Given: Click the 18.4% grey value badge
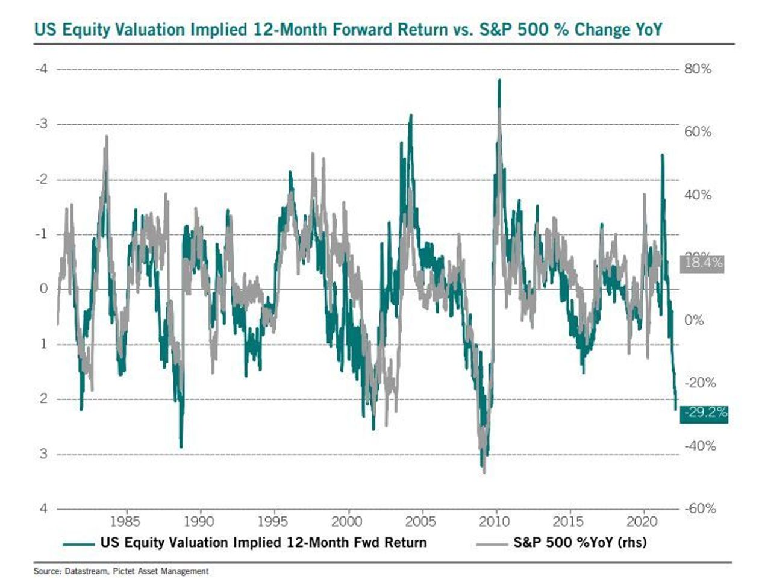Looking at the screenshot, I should pos(702,263).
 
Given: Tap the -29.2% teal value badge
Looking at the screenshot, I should pos(704,413).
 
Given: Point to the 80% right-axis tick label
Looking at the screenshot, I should pos(698,69).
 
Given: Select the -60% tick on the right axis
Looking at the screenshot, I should pos(699,508).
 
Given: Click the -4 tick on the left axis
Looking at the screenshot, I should pos(41,69).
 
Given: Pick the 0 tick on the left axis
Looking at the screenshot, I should pos(43,289).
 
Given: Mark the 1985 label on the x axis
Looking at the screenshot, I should pos(125,521).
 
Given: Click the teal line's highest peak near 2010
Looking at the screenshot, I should pos(499,80).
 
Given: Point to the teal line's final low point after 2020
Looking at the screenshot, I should pos(676,410).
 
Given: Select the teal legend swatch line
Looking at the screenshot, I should pos(78,543).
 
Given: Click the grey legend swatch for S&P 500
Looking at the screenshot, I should pos(492,543).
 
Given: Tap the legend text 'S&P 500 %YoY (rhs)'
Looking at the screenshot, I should pos(580,542).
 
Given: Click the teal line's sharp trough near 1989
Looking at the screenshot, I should pos(181,447).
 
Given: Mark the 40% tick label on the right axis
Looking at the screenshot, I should pos(698,195).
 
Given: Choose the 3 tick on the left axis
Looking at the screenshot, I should pos(43,454).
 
